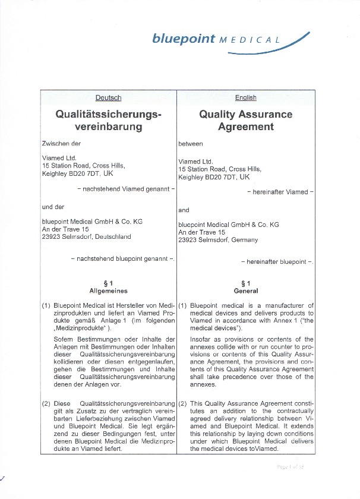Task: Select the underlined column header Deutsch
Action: click(x=108, y=97)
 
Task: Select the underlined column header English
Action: click(x=245, y=97)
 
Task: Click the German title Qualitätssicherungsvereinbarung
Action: click(x=108, y=120)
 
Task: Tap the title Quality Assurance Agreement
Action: click(x=245, y=120)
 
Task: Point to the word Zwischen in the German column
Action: click(x=56, y=143)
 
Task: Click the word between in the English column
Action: click(x=191, y=144)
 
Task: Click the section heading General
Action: click(x=246, y=291)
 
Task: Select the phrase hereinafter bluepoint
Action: click(x=277, y=261)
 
